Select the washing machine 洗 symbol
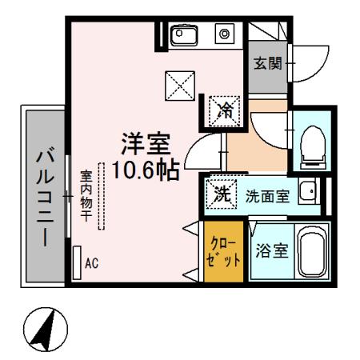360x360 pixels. click(221, 193)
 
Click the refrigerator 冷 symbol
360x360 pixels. click(225, 110)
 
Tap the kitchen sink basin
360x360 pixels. click(186, 34)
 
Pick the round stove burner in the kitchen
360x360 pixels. click(224, 34)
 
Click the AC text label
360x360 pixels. click(92, 262)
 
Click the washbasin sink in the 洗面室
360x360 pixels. click(308, 191)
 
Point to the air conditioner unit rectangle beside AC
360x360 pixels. click(76, 262)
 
